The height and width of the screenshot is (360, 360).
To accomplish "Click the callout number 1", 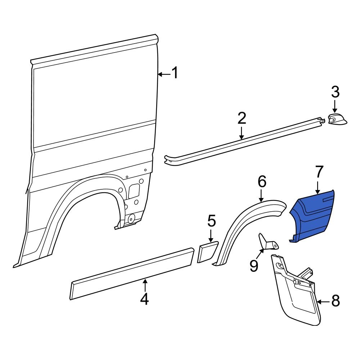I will (x=175, y=73).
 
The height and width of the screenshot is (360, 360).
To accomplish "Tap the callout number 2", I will (x=242, y=119).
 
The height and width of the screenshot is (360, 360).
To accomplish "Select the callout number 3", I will (x=335, y=93).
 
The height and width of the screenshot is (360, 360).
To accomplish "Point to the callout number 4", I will (x=144, y=299).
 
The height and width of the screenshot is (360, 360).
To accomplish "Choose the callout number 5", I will (x=211, y=221).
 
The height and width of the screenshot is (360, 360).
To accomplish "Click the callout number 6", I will (x=262, y=182).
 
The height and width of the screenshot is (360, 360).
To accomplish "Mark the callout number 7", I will (x=319, y=173).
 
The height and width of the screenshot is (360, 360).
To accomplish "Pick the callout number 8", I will (x=335, y=301).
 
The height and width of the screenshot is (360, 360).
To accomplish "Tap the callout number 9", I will (x=254, y=266).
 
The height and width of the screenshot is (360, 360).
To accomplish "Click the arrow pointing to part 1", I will (x=164, y=74).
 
